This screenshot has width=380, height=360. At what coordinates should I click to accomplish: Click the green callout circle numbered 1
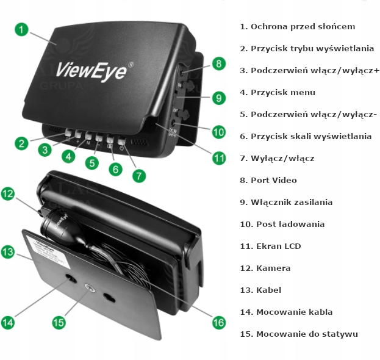21,29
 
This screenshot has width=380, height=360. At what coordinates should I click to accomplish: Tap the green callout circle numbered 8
218,63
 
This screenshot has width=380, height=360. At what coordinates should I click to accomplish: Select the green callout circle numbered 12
7,194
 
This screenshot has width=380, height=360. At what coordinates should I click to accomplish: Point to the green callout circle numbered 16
218,322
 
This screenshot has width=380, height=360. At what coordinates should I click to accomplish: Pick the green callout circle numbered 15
59,322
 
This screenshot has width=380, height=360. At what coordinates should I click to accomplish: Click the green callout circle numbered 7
139,176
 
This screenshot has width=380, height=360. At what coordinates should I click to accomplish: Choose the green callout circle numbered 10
218,131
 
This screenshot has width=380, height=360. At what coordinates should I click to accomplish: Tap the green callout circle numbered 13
7,251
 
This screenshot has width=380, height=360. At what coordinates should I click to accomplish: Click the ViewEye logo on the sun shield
92,69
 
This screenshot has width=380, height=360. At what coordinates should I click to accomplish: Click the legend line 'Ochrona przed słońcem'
298,27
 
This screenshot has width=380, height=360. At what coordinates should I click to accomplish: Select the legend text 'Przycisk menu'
278,93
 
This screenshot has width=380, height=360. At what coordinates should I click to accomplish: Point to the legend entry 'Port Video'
268,181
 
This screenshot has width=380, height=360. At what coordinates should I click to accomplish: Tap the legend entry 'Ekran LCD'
270,247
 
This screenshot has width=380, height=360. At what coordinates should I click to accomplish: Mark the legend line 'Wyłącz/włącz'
277,159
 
